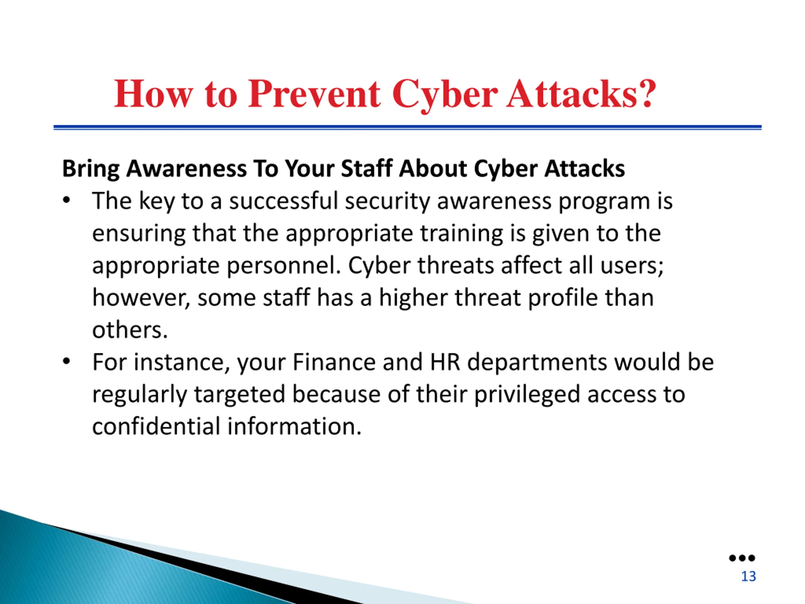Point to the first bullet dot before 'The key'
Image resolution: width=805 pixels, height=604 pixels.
[x=66, y=201]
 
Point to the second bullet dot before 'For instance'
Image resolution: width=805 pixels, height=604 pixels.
[x=66, y=361]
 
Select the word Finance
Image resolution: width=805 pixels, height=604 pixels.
[x=334, y=362]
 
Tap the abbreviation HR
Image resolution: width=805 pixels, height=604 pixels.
[x=445, y=362]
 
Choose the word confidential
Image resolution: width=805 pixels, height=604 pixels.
[x=157, y=426]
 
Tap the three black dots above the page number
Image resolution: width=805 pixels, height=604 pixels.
[x=742, y=558]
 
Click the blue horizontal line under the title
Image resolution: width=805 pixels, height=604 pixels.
[x=408, y=127]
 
